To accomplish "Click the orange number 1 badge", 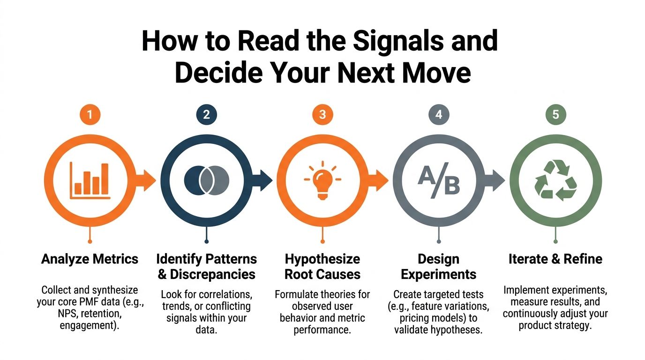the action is click(90, 115).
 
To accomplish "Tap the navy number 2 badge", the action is click(206, 115).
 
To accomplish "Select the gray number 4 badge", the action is click(439, 115).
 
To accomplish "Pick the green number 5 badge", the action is click(556, 115).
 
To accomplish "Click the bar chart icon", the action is click(90, 180).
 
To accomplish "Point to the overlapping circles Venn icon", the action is click(206, 180).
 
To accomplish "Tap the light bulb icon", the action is click(322, 180).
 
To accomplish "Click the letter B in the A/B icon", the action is click(452, 185).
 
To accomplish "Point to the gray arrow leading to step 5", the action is click(495, 180).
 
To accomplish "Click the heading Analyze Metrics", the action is click(90, 259).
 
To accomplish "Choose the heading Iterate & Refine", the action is click(555, 259).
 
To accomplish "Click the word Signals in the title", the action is click(398, 41).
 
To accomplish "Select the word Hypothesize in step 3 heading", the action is click(322, 259).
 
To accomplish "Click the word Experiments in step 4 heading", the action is click(439, 275).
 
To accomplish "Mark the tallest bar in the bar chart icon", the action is click(105, 179).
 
